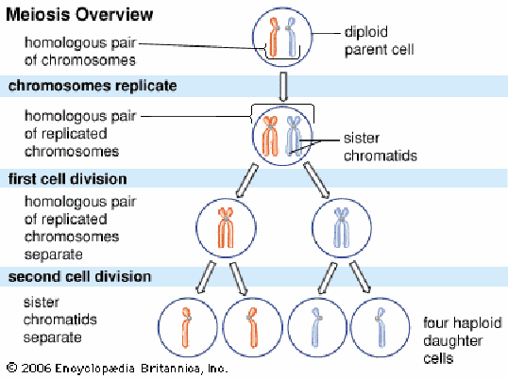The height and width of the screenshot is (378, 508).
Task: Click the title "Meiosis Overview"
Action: (x=79, y=15)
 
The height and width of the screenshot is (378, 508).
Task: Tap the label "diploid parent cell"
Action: (x=379, y=41)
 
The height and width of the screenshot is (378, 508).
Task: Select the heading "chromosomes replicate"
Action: (x=93, y=86)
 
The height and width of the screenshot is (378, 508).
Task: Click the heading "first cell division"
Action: (x=67, y=179)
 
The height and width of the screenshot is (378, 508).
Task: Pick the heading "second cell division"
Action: (x=79, y=277)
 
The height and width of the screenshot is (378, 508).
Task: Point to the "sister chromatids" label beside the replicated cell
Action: (x=381, y=147)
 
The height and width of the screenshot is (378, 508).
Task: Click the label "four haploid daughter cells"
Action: (x=463, y=340)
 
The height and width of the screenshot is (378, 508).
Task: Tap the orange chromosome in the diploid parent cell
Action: (x=274, y=38)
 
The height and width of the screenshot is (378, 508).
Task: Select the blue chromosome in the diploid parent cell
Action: (x=291, y=38)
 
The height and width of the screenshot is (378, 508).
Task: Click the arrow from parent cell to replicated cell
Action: (x=283, y=87)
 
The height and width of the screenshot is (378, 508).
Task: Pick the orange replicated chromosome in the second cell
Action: (x=270, y=136)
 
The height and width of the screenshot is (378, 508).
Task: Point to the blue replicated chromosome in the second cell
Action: (x=294, y=136)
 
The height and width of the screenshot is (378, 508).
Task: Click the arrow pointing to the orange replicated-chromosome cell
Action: (x=246, y=180)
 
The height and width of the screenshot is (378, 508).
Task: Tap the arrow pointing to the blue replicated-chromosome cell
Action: (x=316, y=180)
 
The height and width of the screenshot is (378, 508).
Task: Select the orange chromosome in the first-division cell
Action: (x=226, y=227)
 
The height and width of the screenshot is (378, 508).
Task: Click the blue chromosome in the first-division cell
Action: (x=342, y=227)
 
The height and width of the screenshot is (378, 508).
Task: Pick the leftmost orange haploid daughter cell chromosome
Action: (x=186, y=327)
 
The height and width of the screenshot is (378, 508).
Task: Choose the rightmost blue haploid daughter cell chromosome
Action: (x=381, y=327)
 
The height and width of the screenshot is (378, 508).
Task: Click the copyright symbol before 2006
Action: (x=11, y=368)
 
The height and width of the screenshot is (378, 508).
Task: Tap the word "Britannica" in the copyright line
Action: (x=170, y=368)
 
